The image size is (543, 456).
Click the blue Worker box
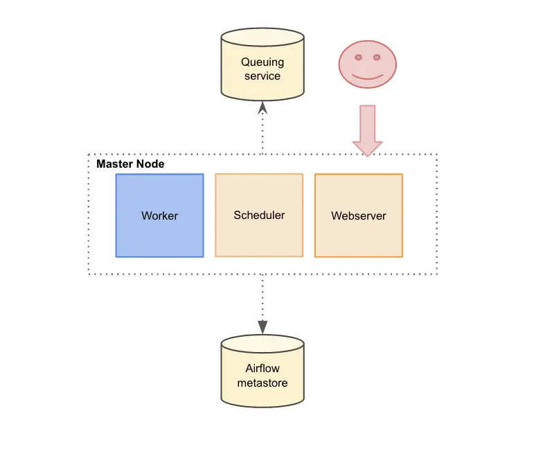click(x=159, y=216)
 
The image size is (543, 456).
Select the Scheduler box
click(x=259, y=215)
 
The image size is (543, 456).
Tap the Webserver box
click(x=358, y=216)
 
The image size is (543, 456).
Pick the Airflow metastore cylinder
click(x=262, y=375)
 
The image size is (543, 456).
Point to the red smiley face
click(x=367, y=62)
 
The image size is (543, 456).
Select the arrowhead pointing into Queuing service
click(x=262, y=107)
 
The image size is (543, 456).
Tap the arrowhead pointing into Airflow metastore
click(x=262, y=326)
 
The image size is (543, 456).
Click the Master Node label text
click(x=130, y=164)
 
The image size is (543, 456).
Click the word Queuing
click(x=262, y=62)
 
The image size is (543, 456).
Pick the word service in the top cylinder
click(x=262, y=76)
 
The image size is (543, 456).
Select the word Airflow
click(x=262, y=368)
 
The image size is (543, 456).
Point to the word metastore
click(x=262, y=383)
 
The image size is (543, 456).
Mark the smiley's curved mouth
click(x=367, y=76)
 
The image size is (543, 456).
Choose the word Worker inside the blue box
click(x=159, y=216)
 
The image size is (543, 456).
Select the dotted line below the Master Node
click(x=262, y=298)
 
